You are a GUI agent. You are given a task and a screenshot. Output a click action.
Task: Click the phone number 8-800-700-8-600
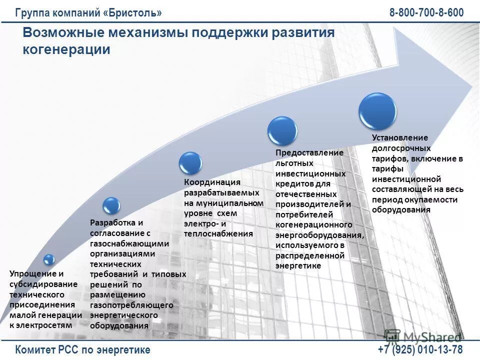[426, 12]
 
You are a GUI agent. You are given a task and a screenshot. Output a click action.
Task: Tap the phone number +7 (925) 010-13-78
[420, 349]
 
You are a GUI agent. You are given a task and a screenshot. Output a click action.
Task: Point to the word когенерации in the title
[66, 49]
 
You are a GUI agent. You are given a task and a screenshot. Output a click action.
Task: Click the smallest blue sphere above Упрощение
[48, 259]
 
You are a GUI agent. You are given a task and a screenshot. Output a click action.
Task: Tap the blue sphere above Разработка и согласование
[111, 205]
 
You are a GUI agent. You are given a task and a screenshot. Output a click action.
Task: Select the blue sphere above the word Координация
[190, 163]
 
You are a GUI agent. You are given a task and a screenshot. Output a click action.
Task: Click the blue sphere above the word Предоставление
[282, 131]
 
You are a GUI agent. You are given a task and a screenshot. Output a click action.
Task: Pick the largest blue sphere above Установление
[377, 111]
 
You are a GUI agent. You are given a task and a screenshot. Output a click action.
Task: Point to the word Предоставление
[309, 152]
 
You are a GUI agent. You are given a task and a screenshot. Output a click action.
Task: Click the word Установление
[400, 137]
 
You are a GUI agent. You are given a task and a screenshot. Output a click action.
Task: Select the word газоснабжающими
[129, 243]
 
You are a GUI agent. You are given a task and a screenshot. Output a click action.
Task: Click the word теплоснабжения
[218, 233]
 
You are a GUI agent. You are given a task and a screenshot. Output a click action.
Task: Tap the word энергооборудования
[318, 235]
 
